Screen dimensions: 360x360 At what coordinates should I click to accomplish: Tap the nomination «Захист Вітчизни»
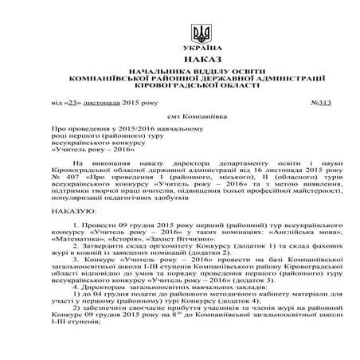click(188, 237)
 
